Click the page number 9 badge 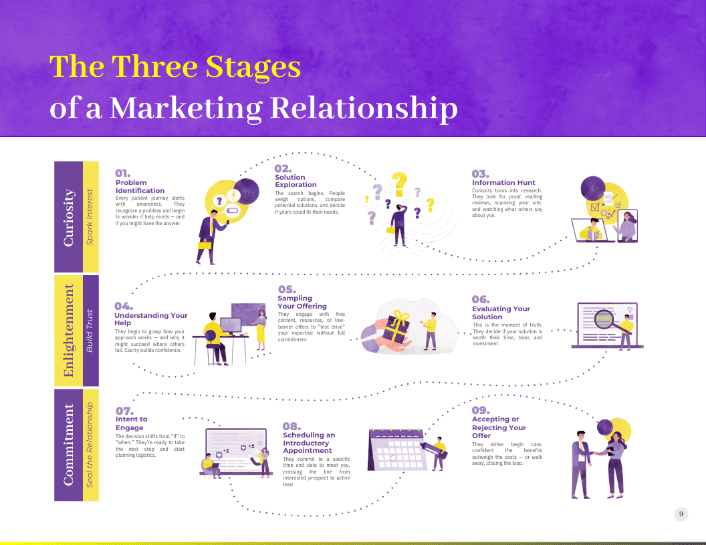(681, 514)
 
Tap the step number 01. (122, 173)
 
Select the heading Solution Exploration (296, 181)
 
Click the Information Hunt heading (503, 182)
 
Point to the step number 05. (287, 289)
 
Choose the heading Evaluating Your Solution (501, 313)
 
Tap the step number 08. (291, 426)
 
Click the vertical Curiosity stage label (68, 217)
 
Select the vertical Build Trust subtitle (90, 331)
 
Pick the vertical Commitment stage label (68, 445)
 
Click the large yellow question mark (399, 184)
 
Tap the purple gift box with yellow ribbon (395, 327)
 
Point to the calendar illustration (396, 449)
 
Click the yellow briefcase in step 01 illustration (205, 245)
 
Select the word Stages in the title (253, 67)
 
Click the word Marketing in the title (186, 108)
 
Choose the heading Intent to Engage (132, 423)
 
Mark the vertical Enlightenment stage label (68, 331)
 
